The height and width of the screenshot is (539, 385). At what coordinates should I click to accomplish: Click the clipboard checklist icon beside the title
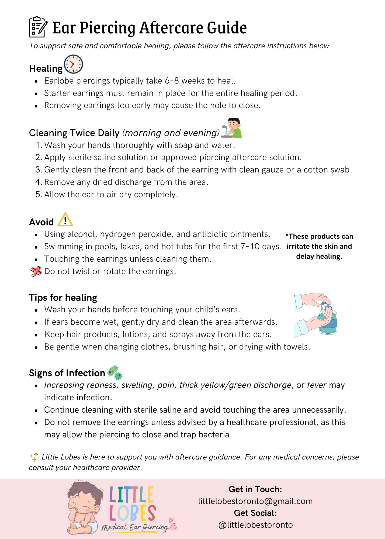38,27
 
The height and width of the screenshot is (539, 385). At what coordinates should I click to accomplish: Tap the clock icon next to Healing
73,64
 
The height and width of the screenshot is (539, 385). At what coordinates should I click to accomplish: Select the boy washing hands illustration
232,128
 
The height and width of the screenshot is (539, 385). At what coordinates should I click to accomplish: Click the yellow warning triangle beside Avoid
65,220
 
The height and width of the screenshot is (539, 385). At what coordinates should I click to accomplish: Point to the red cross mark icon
36,271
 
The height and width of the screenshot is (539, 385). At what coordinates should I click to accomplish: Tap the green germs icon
115,372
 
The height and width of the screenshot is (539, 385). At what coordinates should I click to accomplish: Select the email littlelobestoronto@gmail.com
255,501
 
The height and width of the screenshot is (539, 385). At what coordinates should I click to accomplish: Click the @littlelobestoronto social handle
255,525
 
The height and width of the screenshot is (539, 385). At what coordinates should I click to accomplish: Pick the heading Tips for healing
63,298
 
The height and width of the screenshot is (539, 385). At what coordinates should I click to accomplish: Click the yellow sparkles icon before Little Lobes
34,457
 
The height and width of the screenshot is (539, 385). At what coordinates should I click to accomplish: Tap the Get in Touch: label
255,489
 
